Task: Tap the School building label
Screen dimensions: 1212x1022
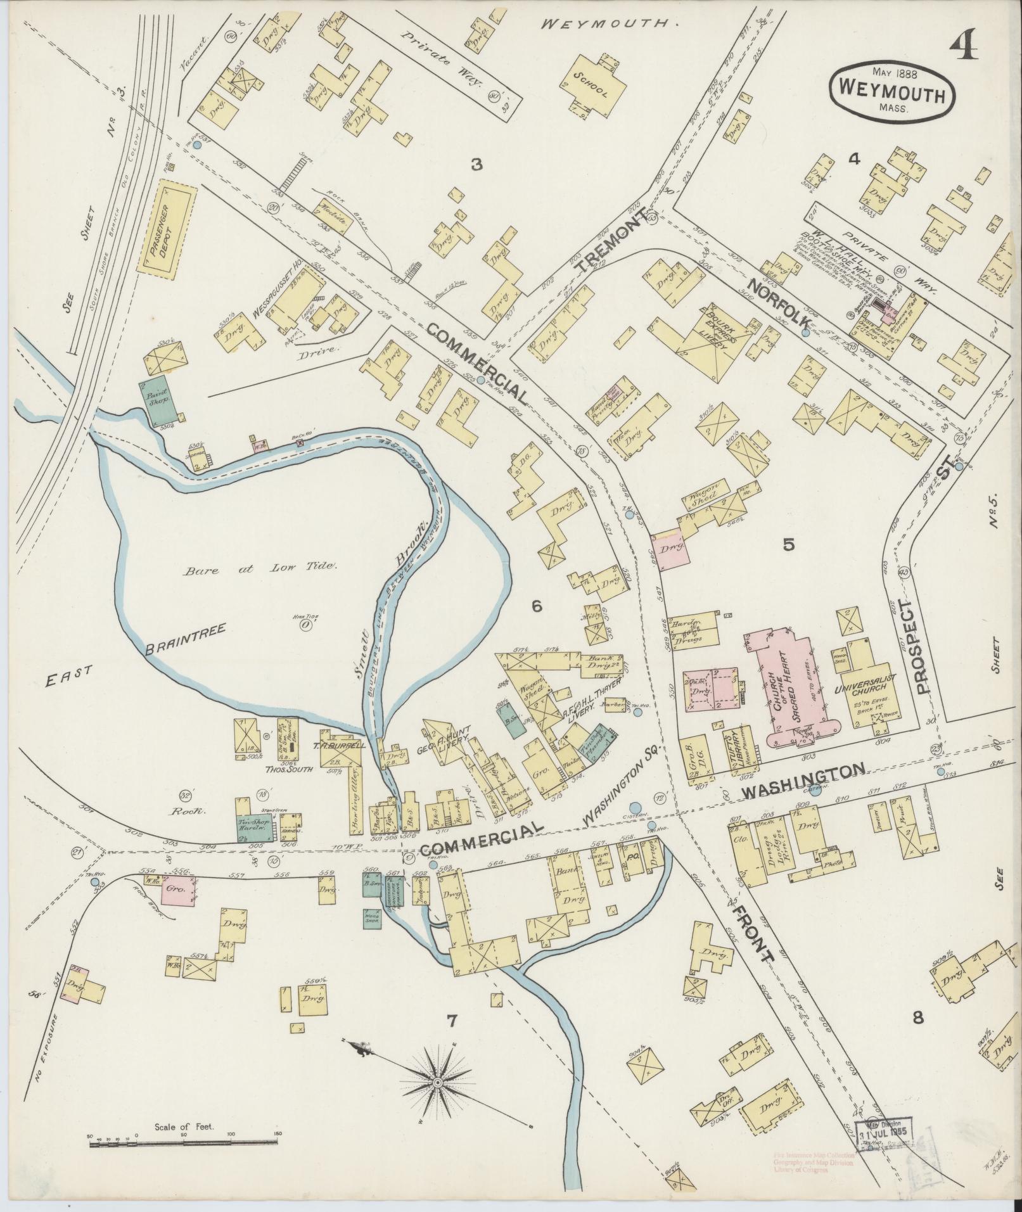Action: point(591,86)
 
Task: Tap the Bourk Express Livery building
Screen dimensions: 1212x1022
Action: point(708,338)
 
